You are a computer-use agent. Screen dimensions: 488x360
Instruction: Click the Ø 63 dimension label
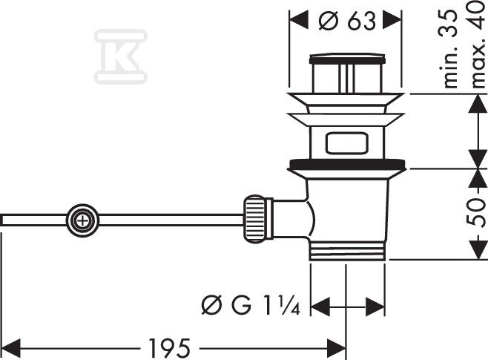[347, 21]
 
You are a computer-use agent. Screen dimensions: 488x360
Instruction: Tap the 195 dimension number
[169, 348]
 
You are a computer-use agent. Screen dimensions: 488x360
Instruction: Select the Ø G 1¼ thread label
[251, 306]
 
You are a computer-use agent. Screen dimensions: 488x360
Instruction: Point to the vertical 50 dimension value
[476, 213]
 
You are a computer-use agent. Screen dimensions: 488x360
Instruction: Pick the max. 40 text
[478, 45]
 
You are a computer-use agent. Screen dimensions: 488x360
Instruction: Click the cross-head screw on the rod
[82, 220]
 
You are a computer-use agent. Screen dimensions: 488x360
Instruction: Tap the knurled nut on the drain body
[255, 219]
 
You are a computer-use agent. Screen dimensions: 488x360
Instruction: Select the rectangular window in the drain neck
[346, 143]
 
